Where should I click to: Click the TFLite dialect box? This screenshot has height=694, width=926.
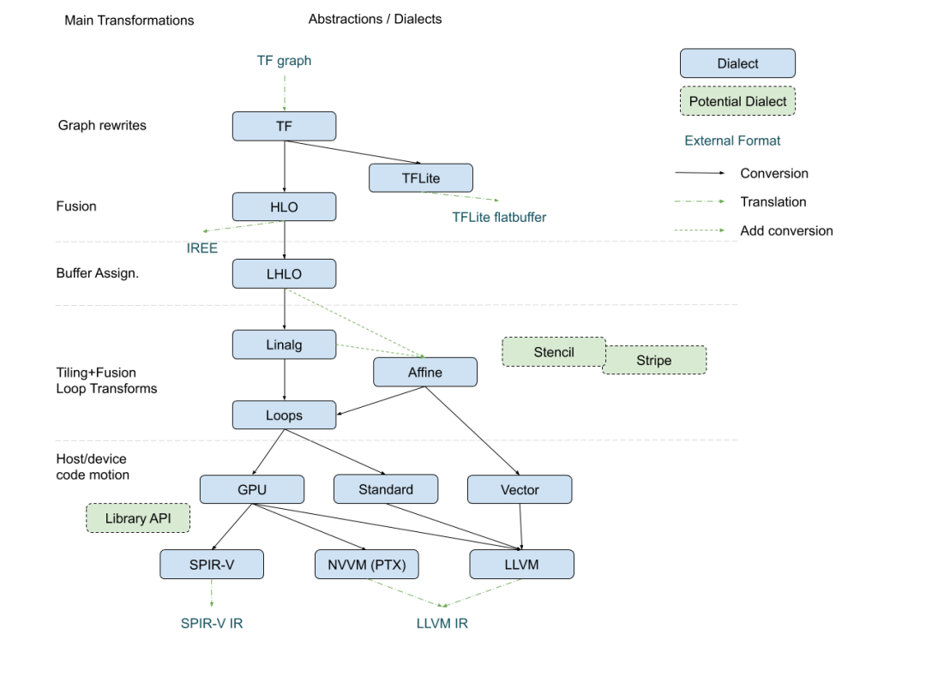(x=420, y=177)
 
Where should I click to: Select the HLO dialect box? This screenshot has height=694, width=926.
(x=284, y=206)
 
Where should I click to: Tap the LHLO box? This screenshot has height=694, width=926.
(x=284, y=274)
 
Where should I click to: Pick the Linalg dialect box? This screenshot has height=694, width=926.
(x=284, y=344)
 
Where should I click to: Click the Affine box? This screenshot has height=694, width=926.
(x=425, y=372)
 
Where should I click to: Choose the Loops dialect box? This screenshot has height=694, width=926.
(x=284, y=415)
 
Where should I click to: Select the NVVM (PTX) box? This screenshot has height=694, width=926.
(x=367, y=564)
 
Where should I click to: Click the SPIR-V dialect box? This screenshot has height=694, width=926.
(x=212, y=564)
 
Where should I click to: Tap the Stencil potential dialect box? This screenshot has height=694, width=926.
(x=554, y=352)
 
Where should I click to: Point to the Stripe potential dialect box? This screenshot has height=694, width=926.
(x=654, y=360)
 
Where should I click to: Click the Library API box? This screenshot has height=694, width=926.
(x=138, y=518)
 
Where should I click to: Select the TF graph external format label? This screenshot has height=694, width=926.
(x=284, y=61)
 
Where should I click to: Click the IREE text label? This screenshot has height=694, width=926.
(x=202, y=248)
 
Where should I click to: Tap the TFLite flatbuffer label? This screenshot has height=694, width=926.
(x=499, y=217)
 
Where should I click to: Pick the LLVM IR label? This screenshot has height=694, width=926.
(x=442, y=623)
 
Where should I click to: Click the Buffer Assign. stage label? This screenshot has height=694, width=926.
(x=98, y=273)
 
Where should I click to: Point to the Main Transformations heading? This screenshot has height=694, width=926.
(x=129, y=20)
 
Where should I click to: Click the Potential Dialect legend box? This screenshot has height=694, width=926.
(x=737, y=101)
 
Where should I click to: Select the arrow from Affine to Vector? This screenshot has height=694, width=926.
(x=472, y=431)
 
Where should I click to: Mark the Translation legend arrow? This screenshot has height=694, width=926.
(x=700, y=201)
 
